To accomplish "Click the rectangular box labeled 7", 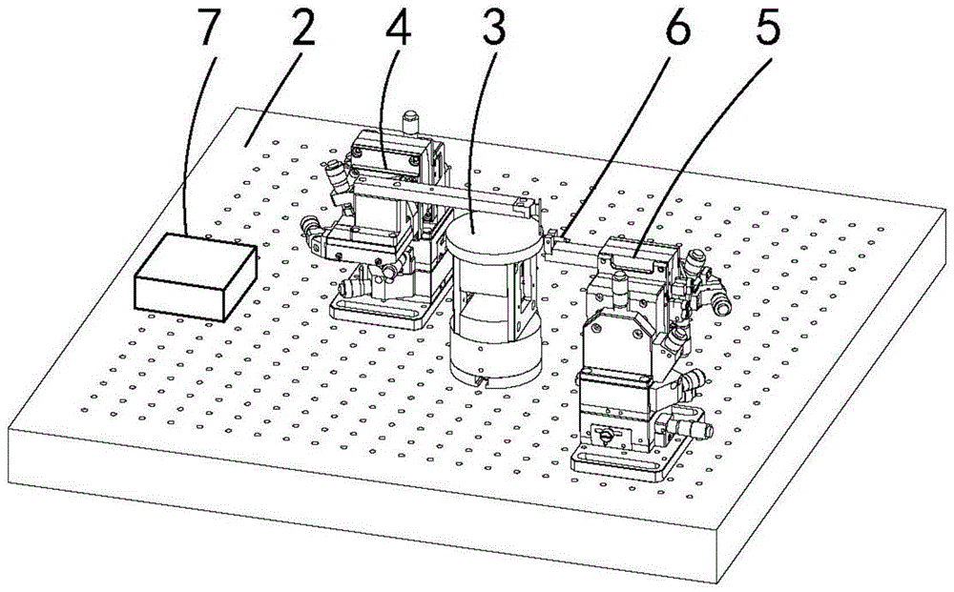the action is (x=195, y=276).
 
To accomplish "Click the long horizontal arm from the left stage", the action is (x=439, y=195).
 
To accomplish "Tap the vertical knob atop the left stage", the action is (x=411, y=120).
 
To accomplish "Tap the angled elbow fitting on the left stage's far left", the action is (x=312, y=234).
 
